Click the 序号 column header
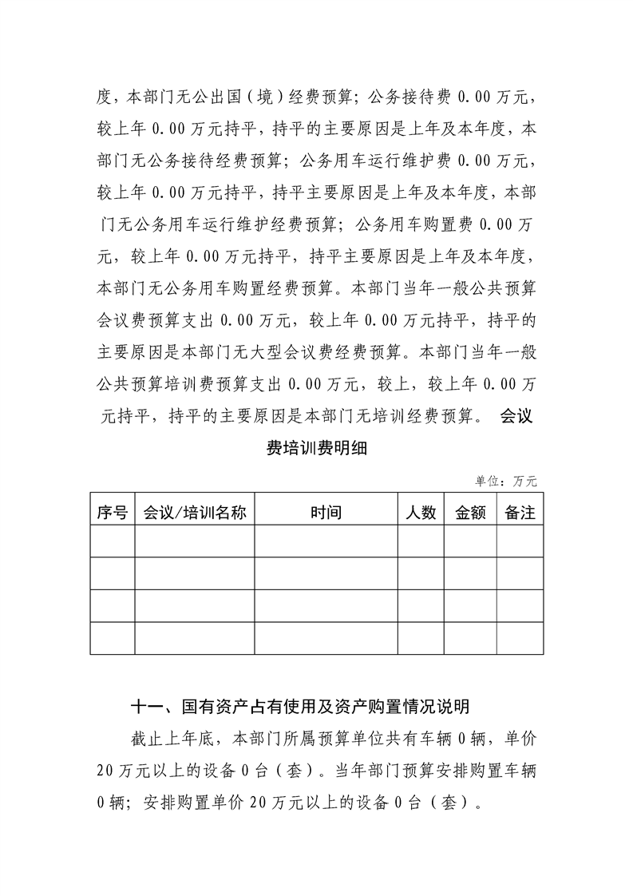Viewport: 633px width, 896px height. [112, 513]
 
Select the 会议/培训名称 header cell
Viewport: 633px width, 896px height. [194, 513]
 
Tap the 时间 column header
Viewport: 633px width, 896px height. [326, 513]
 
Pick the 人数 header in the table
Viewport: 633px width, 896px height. [421, 513]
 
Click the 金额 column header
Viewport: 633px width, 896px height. [470, 513]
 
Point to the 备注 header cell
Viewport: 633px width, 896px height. [520, 513]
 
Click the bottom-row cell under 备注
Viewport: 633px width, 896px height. [520, 638]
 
